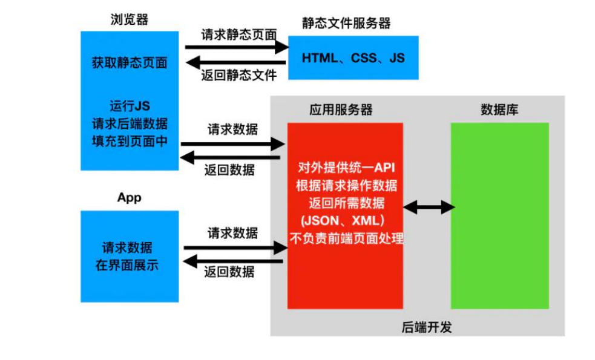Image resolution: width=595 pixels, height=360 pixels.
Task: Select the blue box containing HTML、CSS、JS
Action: click(x=353, y=58)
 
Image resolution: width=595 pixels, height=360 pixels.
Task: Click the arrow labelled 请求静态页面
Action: click(x=235, y=47)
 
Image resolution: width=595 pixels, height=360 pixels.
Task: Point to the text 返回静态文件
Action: click(x=238, y=76)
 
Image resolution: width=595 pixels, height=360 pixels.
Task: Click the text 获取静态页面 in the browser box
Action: click(x=130, y=63)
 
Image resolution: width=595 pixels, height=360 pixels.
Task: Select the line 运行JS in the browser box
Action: click(x=130, y=106)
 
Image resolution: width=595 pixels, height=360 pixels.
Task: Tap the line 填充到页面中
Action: click(x=130, y=142)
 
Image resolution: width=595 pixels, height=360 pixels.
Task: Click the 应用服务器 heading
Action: click(x=341, y=110)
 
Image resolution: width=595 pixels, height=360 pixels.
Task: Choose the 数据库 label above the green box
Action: click(x=499, y=110)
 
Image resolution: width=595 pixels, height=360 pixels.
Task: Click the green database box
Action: click(x=499, y=215)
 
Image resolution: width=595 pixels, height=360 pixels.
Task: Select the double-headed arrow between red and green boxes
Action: click(x=429, y=208)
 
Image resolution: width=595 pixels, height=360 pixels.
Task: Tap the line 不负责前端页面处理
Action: click(x=346, y=238)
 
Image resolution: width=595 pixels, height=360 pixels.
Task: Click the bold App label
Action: click(x=129, y=198)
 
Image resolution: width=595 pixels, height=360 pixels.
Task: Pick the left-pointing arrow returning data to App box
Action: click(x=234, y=261)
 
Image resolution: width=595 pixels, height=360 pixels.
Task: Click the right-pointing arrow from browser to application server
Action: click(x=233, y=144)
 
